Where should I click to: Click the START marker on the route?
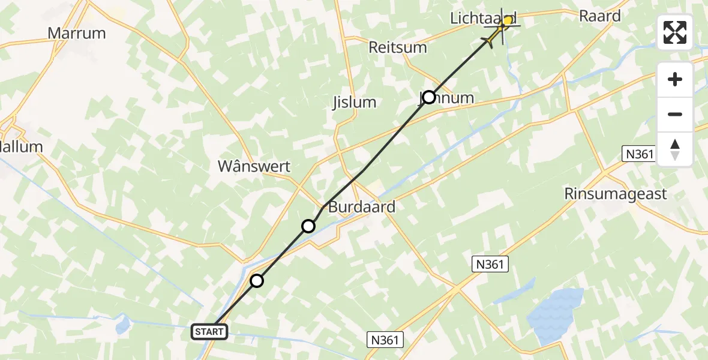209,331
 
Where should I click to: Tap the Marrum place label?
77,34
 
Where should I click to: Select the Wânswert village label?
262,167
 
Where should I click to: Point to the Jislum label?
354,102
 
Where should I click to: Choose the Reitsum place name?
398,47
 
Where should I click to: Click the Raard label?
599,16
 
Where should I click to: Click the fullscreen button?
675,32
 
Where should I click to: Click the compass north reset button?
675,149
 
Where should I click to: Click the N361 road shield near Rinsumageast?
639,154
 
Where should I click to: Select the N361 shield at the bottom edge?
384,340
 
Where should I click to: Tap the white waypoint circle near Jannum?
429,97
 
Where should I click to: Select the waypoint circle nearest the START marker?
257,281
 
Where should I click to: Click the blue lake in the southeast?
556,315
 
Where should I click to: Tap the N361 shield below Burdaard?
490,264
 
